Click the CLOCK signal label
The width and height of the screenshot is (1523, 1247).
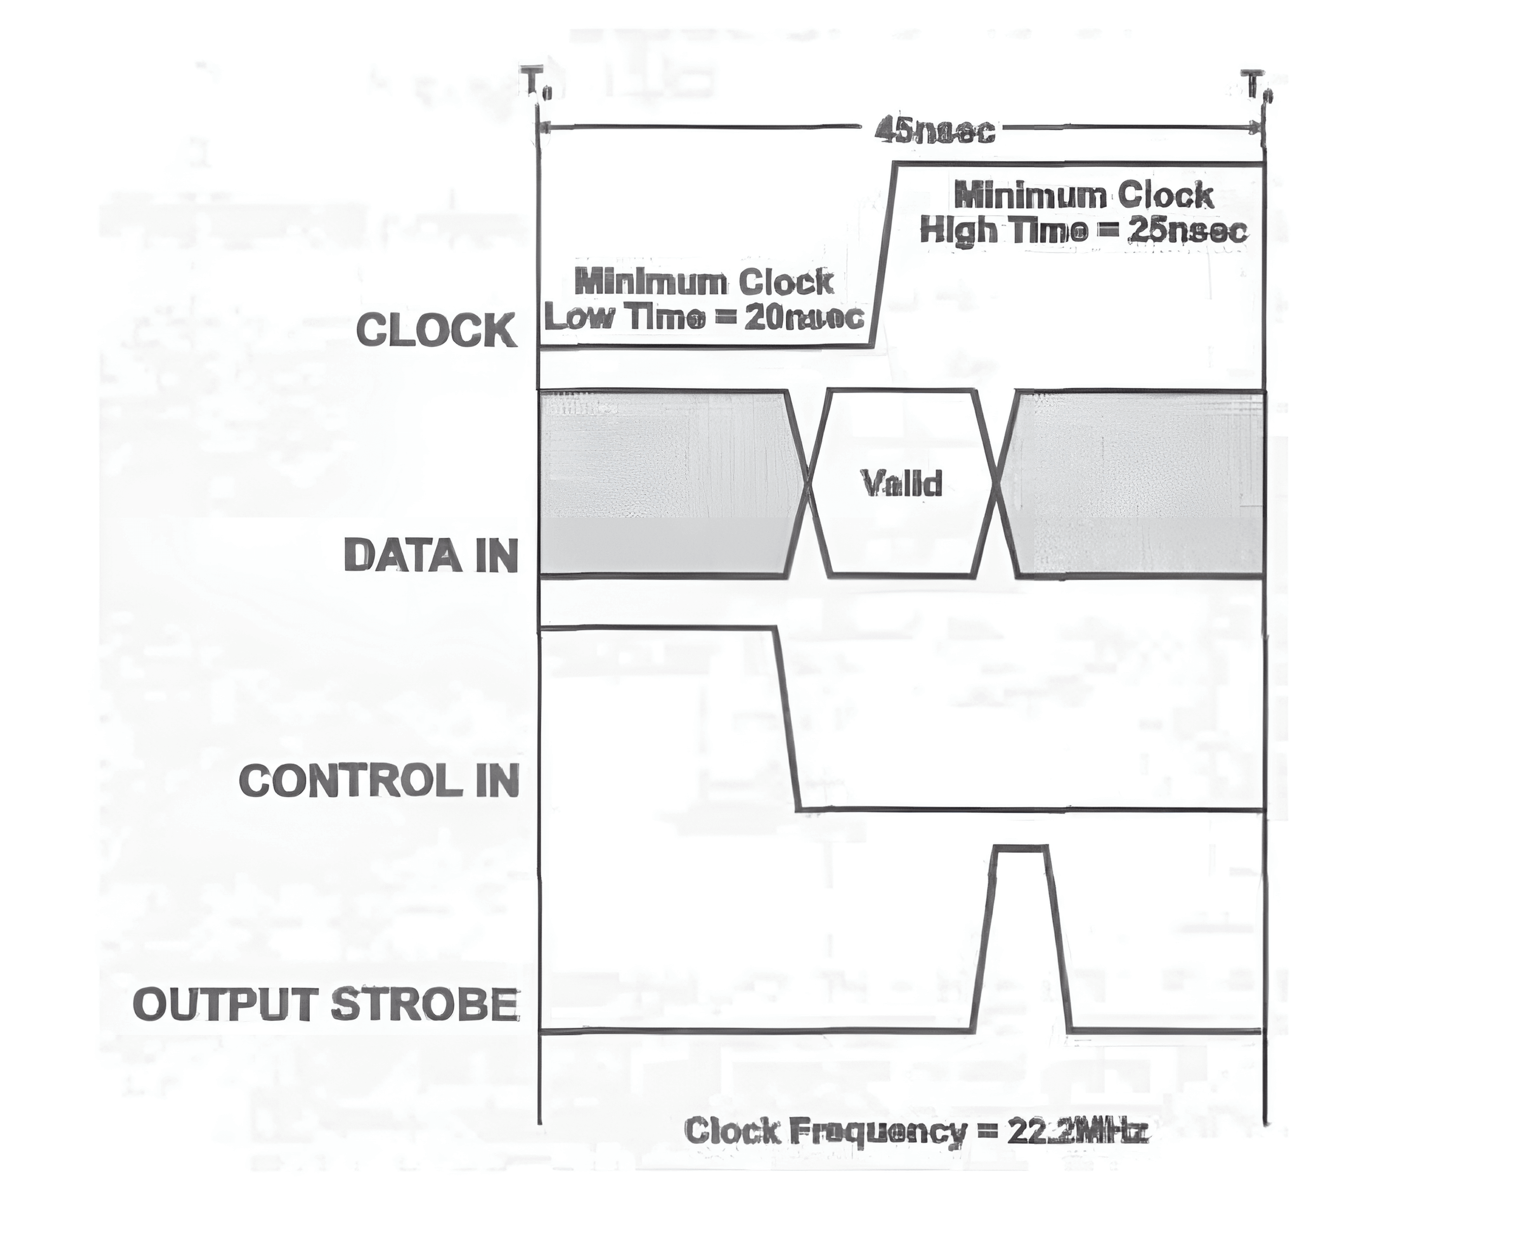437,331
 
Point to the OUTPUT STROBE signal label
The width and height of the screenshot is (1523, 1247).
326,1004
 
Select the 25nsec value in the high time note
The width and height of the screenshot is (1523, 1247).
1189,230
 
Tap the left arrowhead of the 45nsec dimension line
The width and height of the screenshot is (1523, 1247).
546,128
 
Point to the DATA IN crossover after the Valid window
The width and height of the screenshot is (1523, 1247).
997,483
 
